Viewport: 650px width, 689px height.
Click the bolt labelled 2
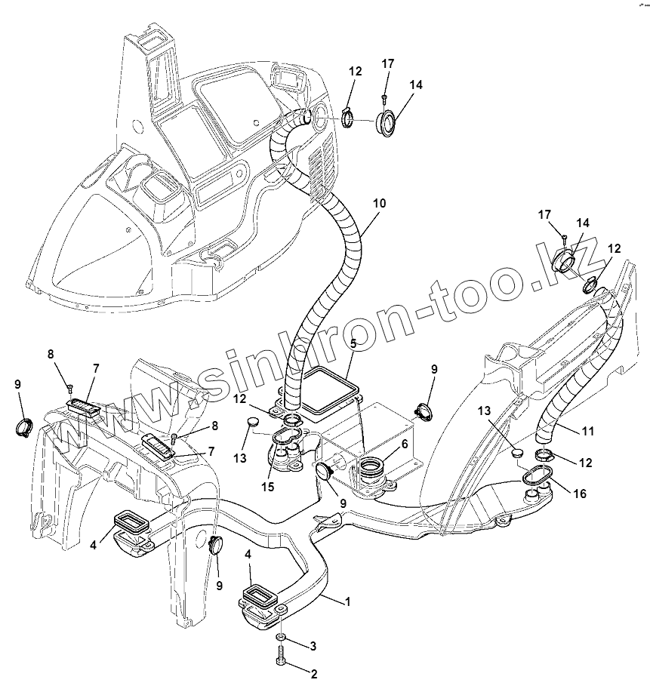[282, 661]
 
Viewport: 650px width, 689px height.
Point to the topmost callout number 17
[387, 63]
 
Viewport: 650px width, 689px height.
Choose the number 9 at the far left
[17, 384]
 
